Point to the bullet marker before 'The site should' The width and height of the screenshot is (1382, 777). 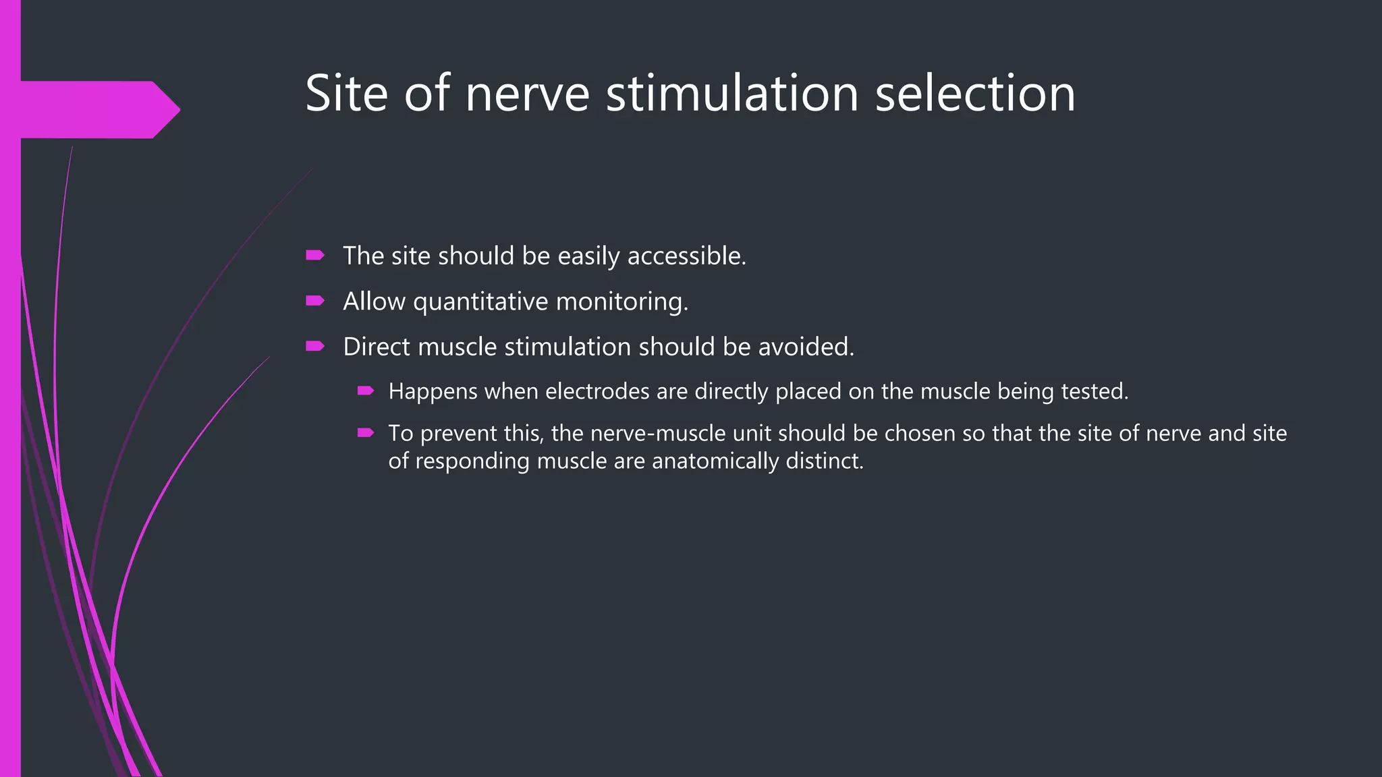(x=315, y=255)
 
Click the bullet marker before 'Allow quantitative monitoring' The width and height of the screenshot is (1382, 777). (x=315, y=300)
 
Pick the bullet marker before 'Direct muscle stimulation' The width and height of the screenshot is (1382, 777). (x=315, y=346)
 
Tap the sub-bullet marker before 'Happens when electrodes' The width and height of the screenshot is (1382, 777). (x=366, y=391)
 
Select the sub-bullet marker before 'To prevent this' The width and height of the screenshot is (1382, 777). (x=366, y=432)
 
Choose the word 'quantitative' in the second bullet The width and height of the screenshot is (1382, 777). (x=480, y=301)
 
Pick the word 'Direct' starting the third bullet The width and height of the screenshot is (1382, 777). (x=377, y=347)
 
